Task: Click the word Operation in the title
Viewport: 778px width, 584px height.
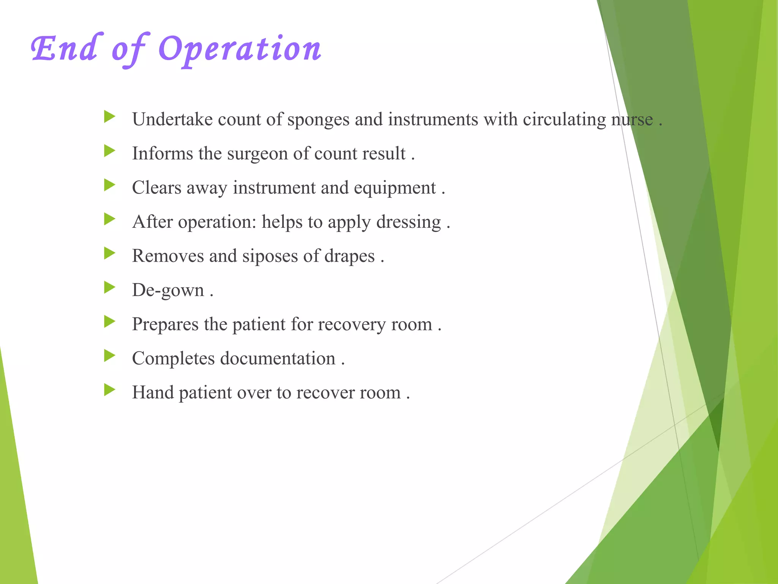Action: [240, 49]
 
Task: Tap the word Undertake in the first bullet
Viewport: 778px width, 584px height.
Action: [172, 119]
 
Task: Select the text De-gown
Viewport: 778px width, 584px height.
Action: [168, 290]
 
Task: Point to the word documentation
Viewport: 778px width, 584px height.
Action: [278, 359]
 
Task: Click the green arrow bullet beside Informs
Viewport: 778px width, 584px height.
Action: [109, 151]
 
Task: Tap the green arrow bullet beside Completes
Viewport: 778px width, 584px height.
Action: [109, 356]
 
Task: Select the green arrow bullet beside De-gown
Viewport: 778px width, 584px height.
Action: [109, 287]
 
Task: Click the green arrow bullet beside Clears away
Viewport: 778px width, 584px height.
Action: [109, 185]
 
